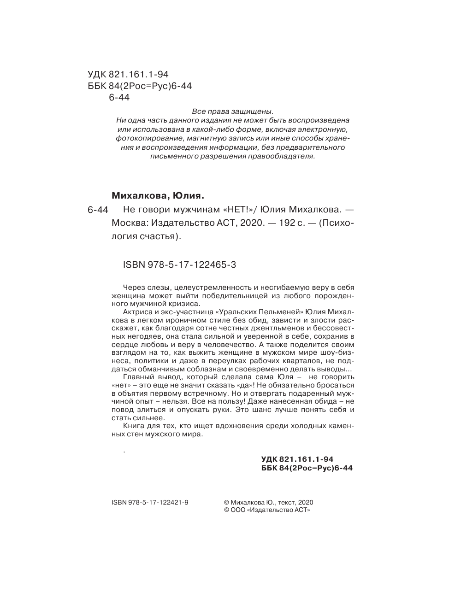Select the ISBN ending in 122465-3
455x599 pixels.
[180, 265]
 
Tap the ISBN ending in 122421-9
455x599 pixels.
[150, 503]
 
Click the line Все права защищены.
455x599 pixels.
[232, 112]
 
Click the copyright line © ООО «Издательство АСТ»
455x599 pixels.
[267, 511]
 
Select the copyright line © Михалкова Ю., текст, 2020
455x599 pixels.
[268, 503]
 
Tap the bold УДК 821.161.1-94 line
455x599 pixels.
[297, 459]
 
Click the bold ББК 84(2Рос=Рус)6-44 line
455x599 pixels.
[307, 468]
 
